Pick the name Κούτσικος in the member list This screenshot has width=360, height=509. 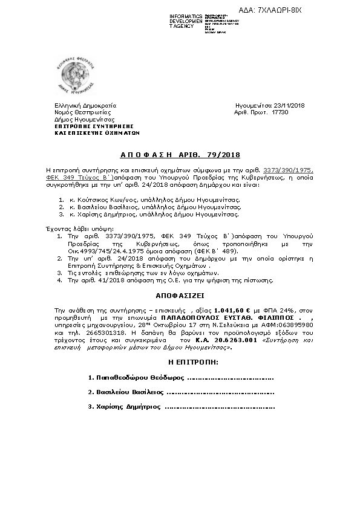[93, 199]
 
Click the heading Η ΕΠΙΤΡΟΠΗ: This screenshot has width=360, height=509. [180, 361]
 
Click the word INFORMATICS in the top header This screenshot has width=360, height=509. [186, 15]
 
